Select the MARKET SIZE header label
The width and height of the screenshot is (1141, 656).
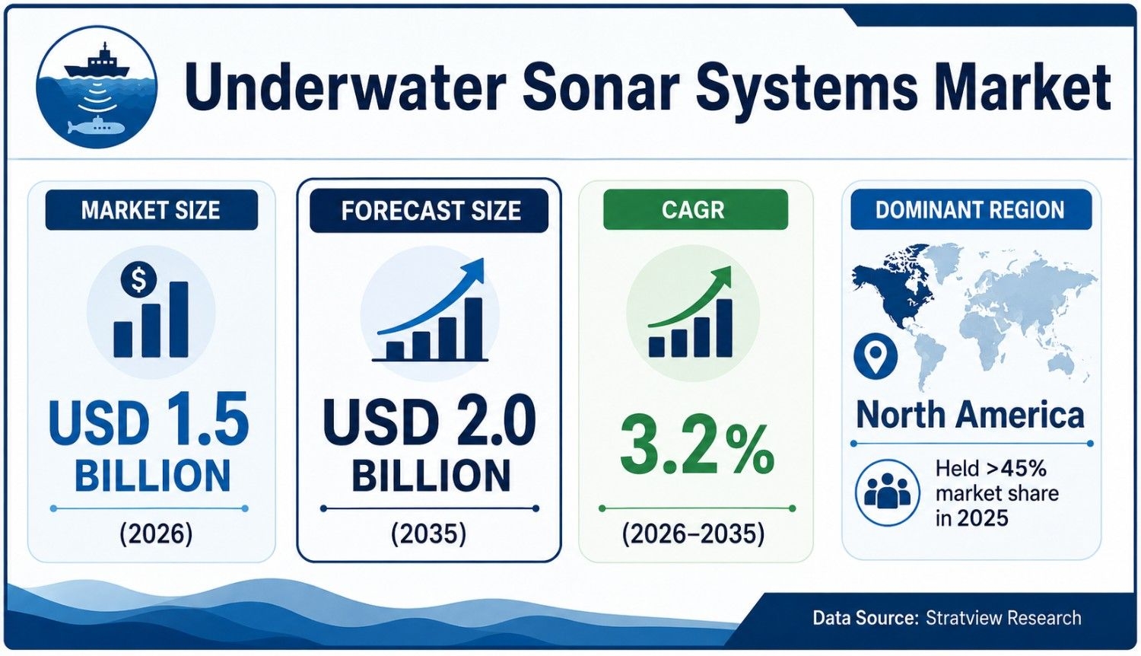tap(151, 210)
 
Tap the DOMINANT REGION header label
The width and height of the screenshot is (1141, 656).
tap(970, 209)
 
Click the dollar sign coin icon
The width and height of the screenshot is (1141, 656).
tap(138, 279)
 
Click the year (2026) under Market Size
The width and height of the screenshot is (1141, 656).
tap(156, 534)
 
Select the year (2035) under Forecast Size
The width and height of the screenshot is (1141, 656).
tap(428, 534)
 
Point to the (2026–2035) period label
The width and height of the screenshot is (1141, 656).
tap(693, 534)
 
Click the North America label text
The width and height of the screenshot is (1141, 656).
tap(971, 415)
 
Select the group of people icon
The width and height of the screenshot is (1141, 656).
tap(888, 492)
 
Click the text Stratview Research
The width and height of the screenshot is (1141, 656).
tap(1003, 618)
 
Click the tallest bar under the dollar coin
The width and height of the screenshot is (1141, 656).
tap(178, 319)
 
